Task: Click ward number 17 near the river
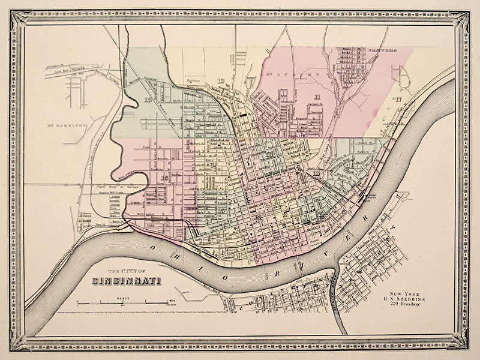[396, 100]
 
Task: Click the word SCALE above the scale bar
[124, 296]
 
